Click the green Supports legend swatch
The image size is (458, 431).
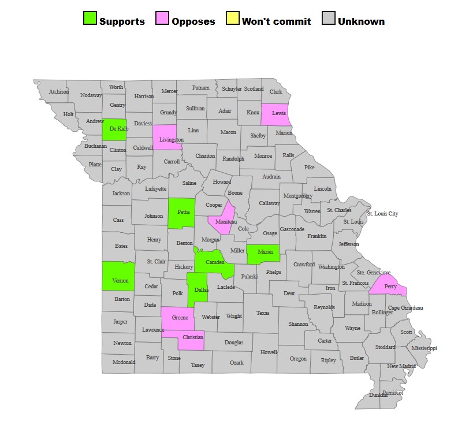click(x=90, y=19)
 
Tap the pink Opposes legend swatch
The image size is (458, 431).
click(x=163, y=19)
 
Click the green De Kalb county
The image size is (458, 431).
click(x=114, y=129)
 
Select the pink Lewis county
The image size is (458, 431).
click(x=275, y=113)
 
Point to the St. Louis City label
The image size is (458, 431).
click(x=382, y=214)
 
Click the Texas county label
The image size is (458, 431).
click(x=263, y=313)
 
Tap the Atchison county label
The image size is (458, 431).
click(x=59, y=91)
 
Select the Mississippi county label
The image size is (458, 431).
click(x=425, y=348)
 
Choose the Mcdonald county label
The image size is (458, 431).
click(x=124, y=362)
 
